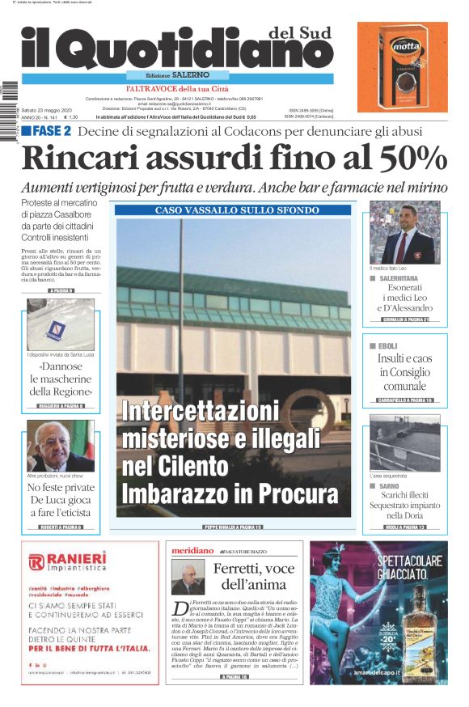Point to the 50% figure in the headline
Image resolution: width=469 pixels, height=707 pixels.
[x=406, y=156]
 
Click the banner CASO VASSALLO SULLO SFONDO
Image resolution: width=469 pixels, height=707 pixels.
[x=233, y=210]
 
